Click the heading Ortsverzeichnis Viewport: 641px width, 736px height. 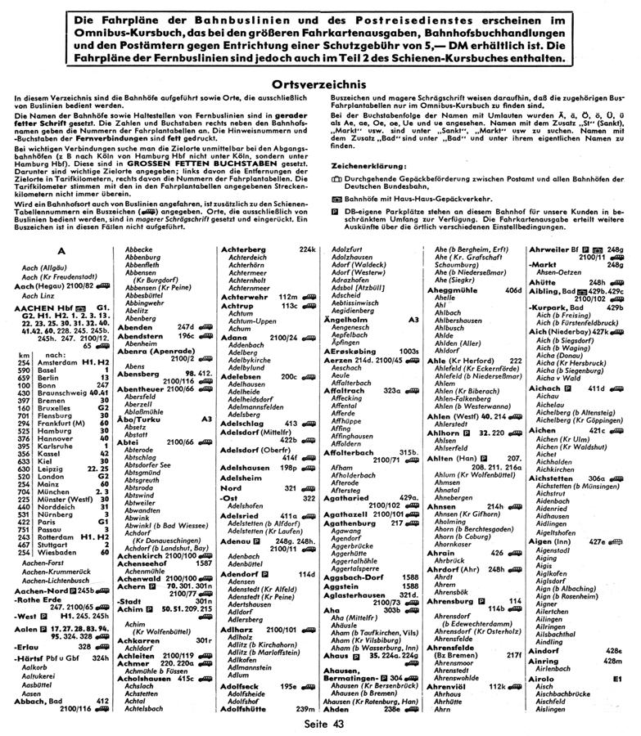(x=320, y=83)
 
